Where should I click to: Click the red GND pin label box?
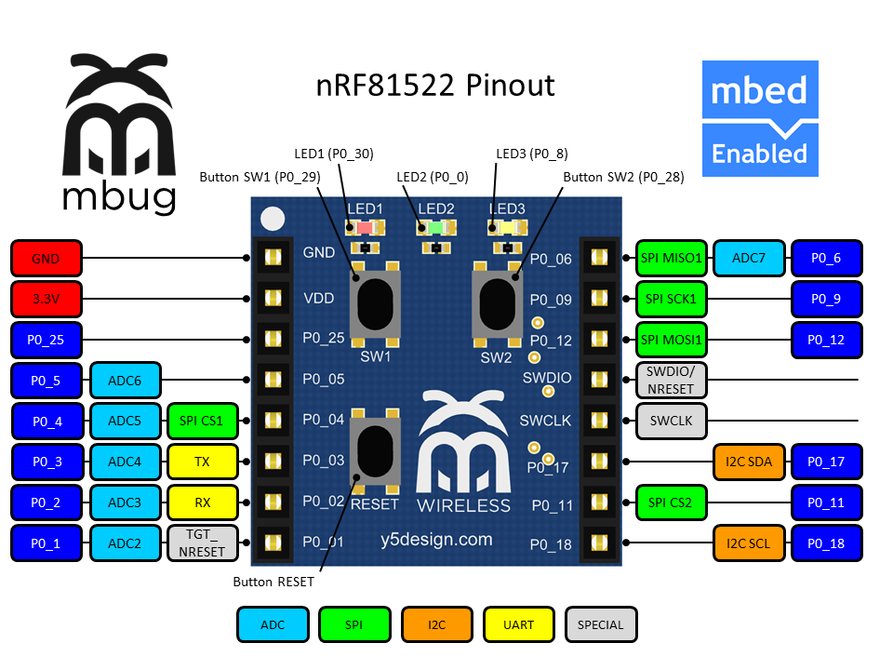[47, 259]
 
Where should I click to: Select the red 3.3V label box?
[47, 300]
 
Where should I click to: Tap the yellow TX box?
[202, 461]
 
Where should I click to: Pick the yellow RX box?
[202, 502]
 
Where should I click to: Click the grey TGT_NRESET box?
[202, 543]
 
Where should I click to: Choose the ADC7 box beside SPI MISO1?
[749, 258]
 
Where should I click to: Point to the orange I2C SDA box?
[749, 461]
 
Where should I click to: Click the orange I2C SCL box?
[749, 543]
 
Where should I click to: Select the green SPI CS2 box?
[671, 502]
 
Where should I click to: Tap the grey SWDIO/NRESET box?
[671, 378]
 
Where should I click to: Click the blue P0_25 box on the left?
[47, 340]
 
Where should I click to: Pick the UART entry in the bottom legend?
[518, 624]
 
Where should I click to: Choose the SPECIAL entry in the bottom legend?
[601, 624]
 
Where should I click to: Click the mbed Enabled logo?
[759, 118]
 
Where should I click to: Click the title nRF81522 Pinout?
[434, 86]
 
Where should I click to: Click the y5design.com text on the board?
[436, 539]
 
